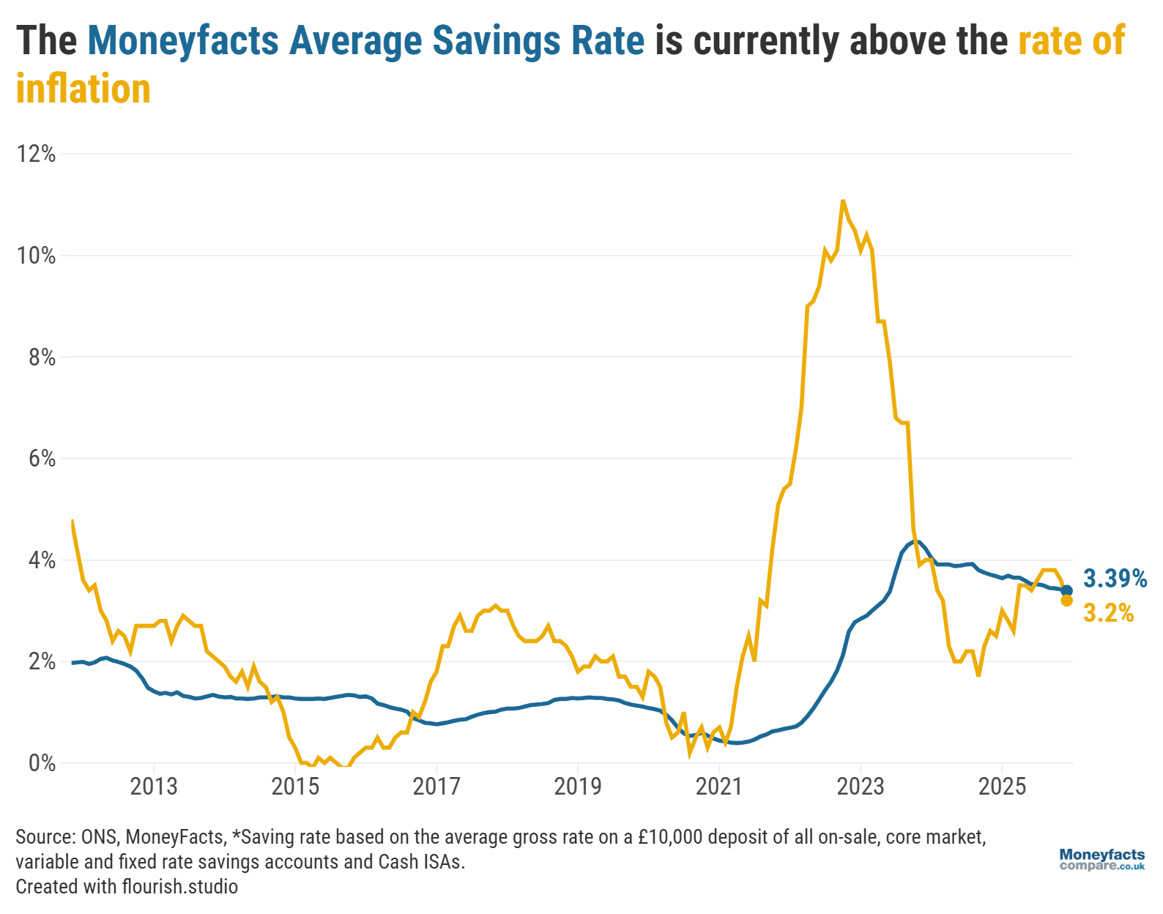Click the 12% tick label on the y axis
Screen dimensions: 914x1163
(x=37, y=154)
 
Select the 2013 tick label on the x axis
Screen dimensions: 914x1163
(x=153, y=787)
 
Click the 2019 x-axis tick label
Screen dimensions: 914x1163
(x=577, y=787)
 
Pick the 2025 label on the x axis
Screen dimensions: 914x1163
(x=1002, y=787)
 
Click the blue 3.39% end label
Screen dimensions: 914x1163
(x=1115, y=579)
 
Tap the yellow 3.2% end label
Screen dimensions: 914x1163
(x=1108, y=613)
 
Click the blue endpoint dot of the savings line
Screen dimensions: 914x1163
(x=1067, y=590)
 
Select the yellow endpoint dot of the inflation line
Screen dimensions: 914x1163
(x=1067, y=601)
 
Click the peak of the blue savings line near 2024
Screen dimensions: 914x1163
(x=915, y=540)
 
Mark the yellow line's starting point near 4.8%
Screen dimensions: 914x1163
(x=72, y=521)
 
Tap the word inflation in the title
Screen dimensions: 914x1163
(x=83, y=89)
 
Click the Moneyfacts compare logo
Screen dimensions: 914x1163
(x=1101, y=860)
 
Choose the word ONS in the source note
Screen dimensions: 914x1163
(x=99, y=837)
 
